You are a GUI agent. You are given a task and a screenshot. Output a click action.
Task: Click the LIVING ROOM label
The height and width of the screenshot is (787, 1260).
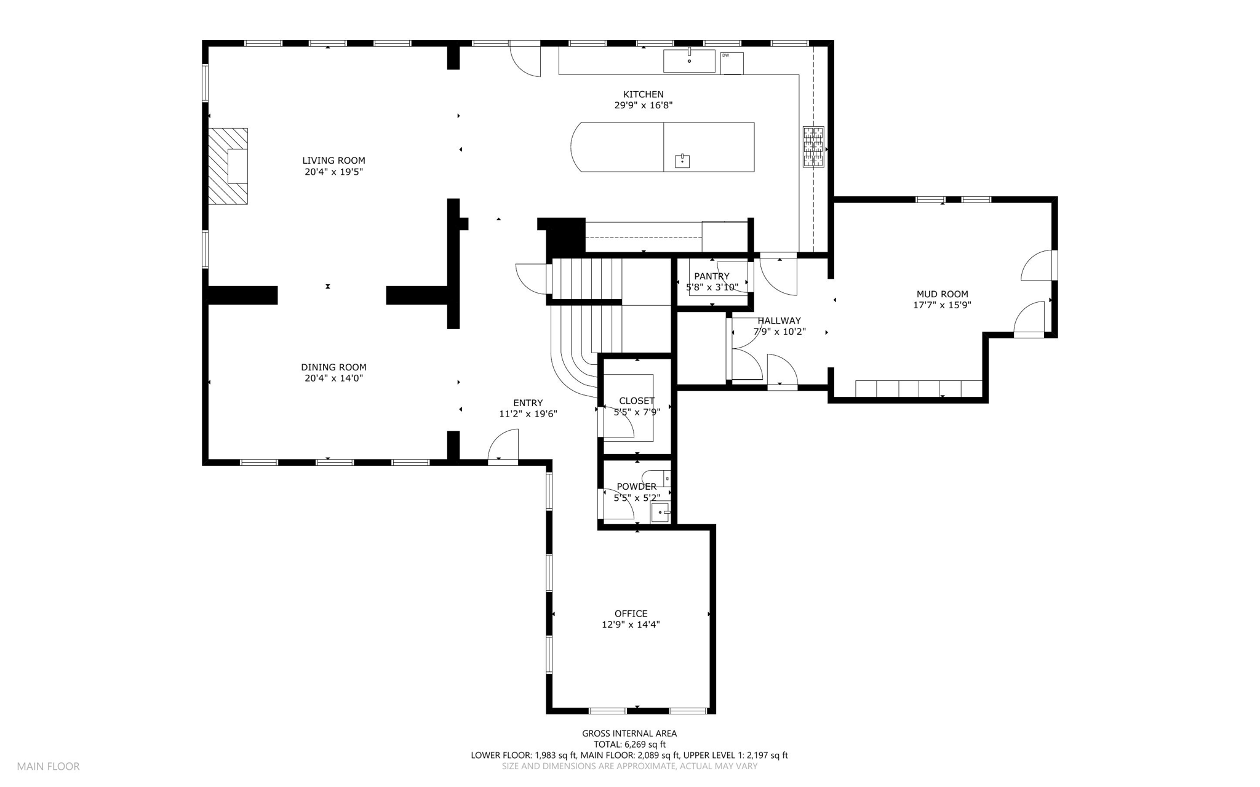pos(333,161)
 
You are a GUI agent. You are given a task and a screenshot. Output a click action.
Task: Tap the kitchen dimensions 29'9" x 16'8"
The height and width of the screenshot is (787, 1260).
pos(644,105)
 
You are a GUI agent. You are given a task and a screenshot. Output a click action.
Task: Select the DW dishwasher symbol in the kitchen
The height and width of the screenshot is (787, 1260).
pos(732,63)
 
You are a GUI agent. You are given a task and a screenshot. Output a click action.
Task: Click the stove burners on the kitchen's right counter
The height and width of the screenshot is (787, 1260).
pos(813,147)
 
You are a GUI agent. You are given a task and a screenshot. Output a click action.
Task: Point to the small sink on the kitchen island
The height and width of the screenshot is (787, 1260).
pos(682,161)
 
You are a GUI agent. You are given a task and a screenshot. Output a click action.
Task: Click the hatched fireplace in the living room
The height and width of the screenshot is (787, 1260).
pos(228,166)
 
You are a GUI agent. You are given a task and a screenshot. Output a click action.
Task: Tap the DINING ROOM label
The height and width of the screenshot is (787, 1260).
pos(333,367)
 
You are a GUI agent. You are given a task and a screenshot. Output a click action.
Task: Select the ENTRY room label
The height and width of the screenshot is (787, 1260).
pos(528,403)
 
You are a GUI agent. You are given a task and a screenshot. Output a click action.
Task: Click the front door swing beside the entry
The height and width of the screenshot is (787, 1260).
pos(503,445)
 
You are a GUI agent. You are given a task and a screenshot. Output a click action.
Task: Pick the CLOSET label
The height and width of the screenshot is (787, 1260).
pos(637,401)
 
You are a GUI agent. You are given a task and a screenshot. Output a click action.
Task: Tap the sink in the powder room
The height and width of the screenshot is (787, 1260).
pos(660,512)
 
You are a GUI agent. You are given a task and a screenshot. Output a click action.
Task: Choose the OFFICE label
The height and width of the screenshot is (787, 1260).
pos(631,613)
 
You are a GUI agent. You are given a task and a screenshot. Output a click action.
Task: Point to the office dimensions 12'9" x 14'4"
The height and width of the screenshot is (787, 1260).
pos(631,625)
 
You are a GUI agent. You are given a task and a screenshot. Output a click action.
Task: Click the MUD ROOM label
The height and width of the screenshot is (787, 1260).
pos(943,294)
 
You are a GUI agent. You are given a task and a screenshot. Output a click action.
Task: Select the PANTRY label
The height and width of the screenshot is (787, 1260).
pos(712,276)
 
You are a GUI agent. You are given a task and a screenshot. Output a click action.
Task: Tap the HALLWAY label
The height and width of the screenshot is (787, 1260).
pos(780,321)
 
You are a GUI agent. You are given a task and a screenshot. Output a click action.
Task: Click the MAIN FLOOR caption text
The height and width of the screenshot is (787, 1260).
pos(49,767)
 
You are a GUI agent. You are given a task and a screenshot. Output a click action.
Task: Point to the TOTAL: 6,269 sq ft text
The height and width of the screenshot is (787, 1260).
pos(630,745)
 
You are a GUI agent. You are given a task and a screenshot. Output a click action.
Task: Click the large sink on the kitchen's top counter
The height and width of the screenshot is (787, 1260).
pos(689,61)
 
